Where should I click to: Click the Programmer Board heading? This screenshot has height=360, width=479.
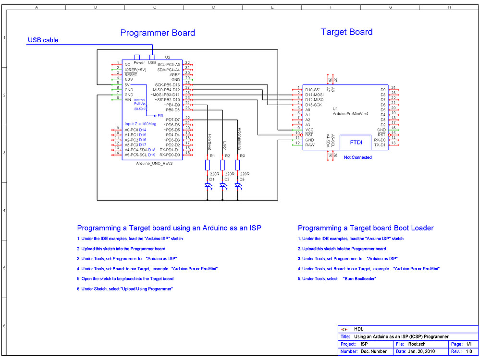(158, 33)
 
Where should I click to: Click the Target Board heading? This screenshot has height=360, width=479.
(346, 32)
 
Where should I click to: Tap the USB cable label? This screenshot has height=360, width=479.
(43, 40)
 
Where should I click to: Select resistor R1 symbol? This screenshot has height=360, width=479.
(207, 165)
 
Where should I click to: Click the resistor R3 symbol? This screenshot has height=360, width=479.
(237, 165)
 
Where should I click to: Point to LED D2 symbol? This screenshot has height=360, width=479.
(222, 185)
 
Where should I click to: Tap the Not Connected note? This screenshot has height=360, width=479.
(357, 157)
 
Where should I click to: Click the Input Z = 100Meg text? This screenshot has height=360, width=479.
(141, 124)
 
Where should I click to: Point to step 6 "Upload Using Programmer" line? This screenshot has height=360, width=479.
(124, 289)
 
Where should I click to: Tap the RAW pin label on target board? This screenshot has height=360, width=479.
(310, 144)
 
